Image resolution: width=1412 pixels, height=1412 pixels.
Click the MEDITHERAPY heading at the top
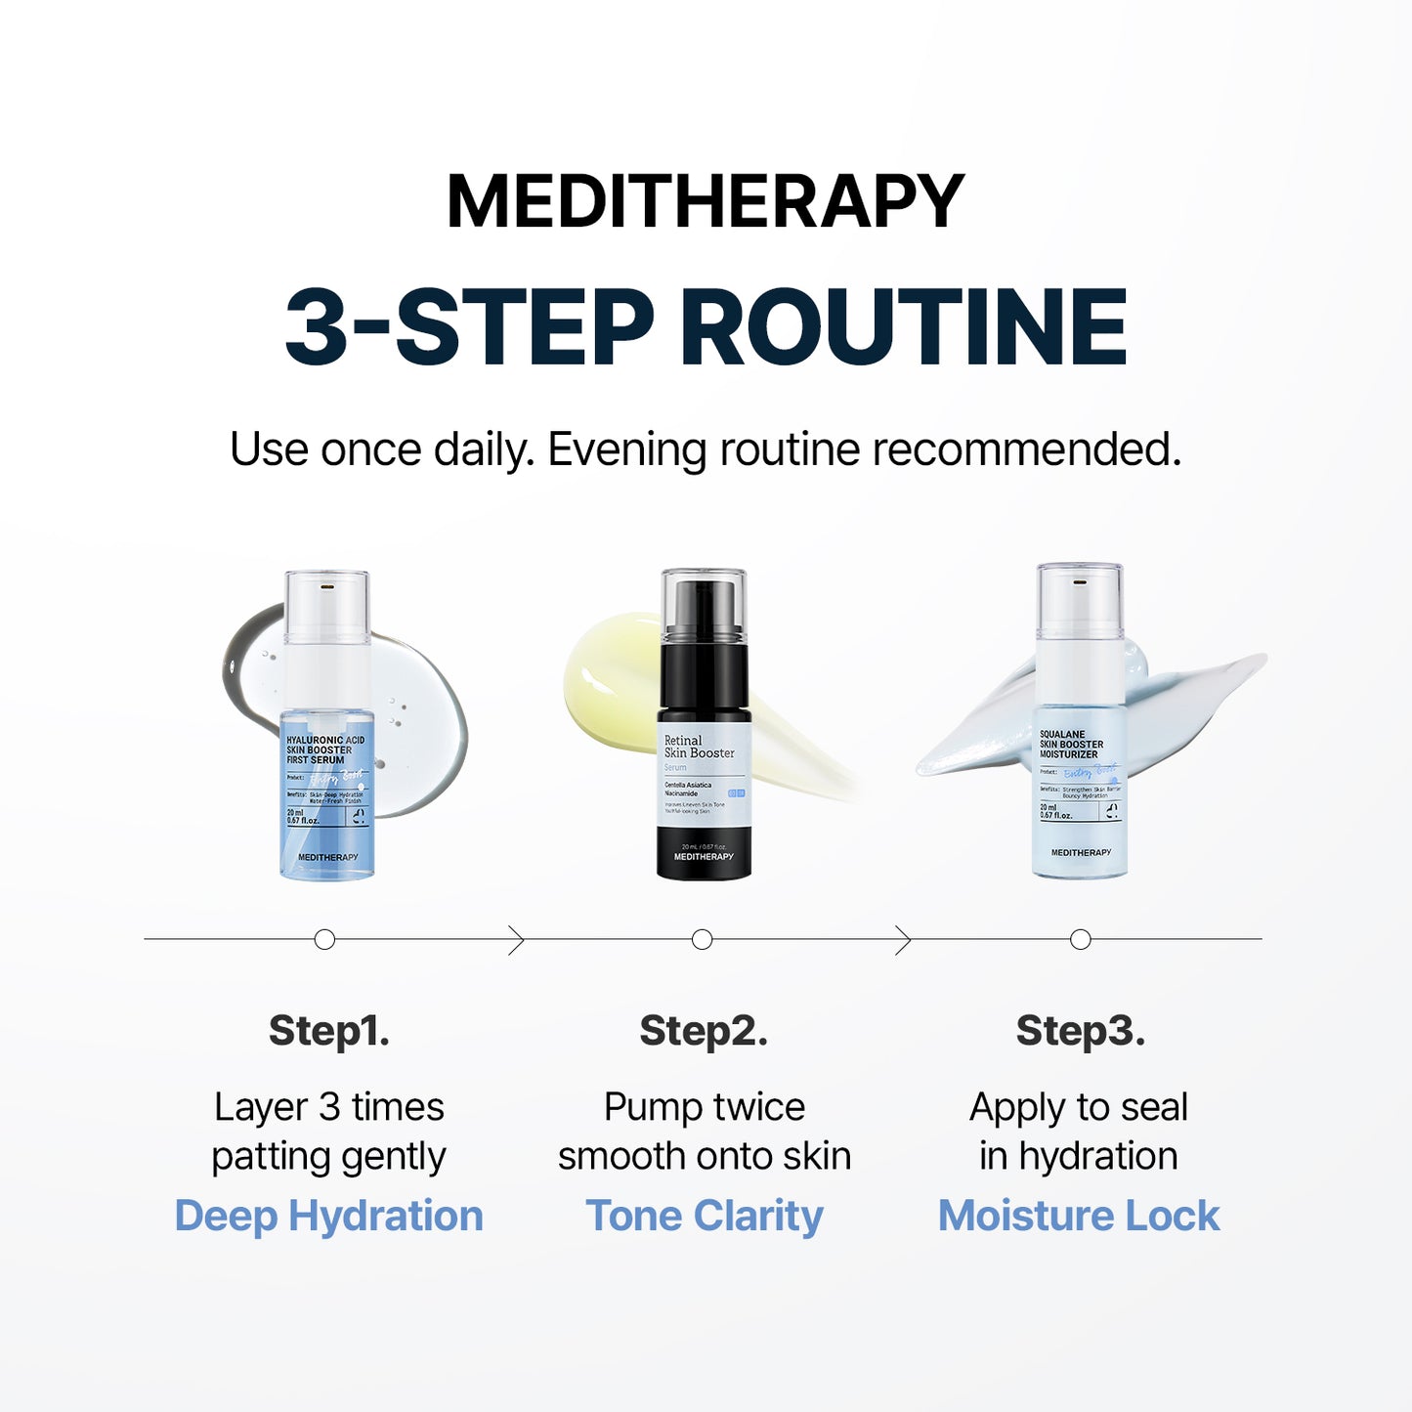(x=706, y=202)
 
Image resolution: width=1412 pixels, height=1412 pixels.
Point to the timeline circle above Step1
(x=325, y=939)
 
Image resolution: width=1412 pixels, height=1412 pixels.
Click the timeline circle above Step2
(x=702, y=939)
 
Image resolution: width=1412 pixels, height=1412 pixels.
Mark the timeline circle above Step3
(x=1080, y=939)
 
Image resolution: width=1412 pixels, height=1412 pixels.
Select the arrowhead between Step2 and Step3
(x=904, y=940)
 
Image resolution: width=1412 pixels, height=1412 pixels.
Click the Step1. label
(x=329, y=1031)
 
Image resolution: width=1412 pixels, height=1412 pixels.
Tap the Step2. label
(x=704, y=1031)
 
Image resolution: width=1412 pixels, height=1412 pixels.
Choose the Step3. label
(x=1080, y=1031)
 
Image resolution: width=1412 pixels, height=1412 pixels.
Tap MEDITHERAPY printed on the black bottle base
(x=704, y=857)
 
